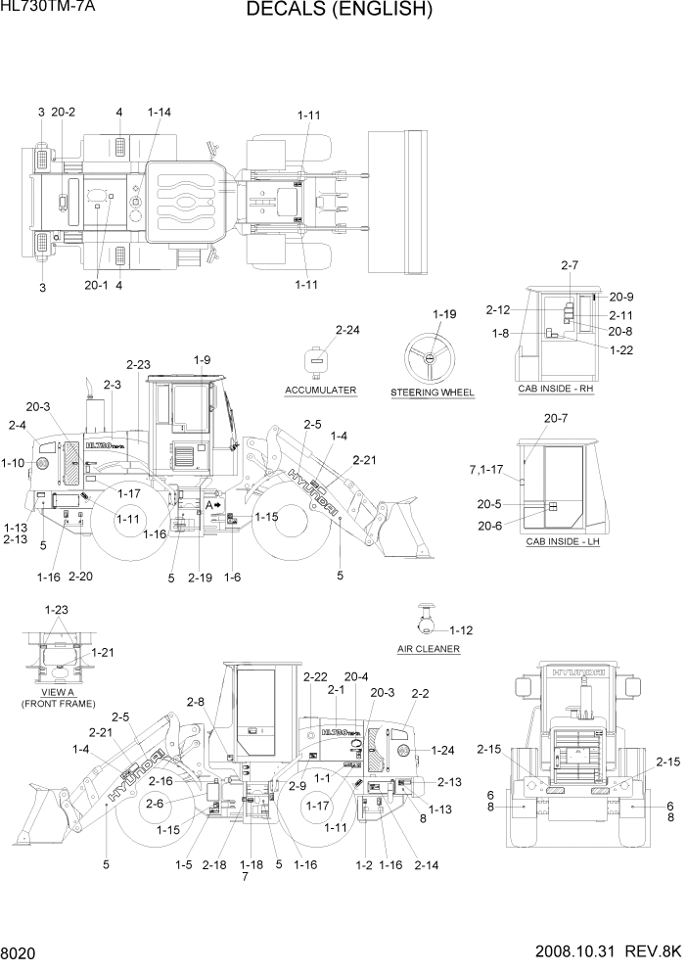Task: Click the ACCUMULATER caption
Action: [320, 391]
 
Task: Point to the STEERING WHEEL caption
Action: [433, 393]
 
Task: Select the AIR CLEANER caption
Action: [429, 649]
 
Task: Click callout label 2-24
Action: [348, 331]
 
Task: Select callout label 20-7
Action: [556, 418]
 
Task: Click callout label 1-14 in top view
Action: [160, 113]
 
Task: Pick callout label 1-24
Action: [441, 751]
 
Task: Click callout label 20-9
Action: [621, 297]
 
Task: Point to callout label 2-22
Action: [315, 676]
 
